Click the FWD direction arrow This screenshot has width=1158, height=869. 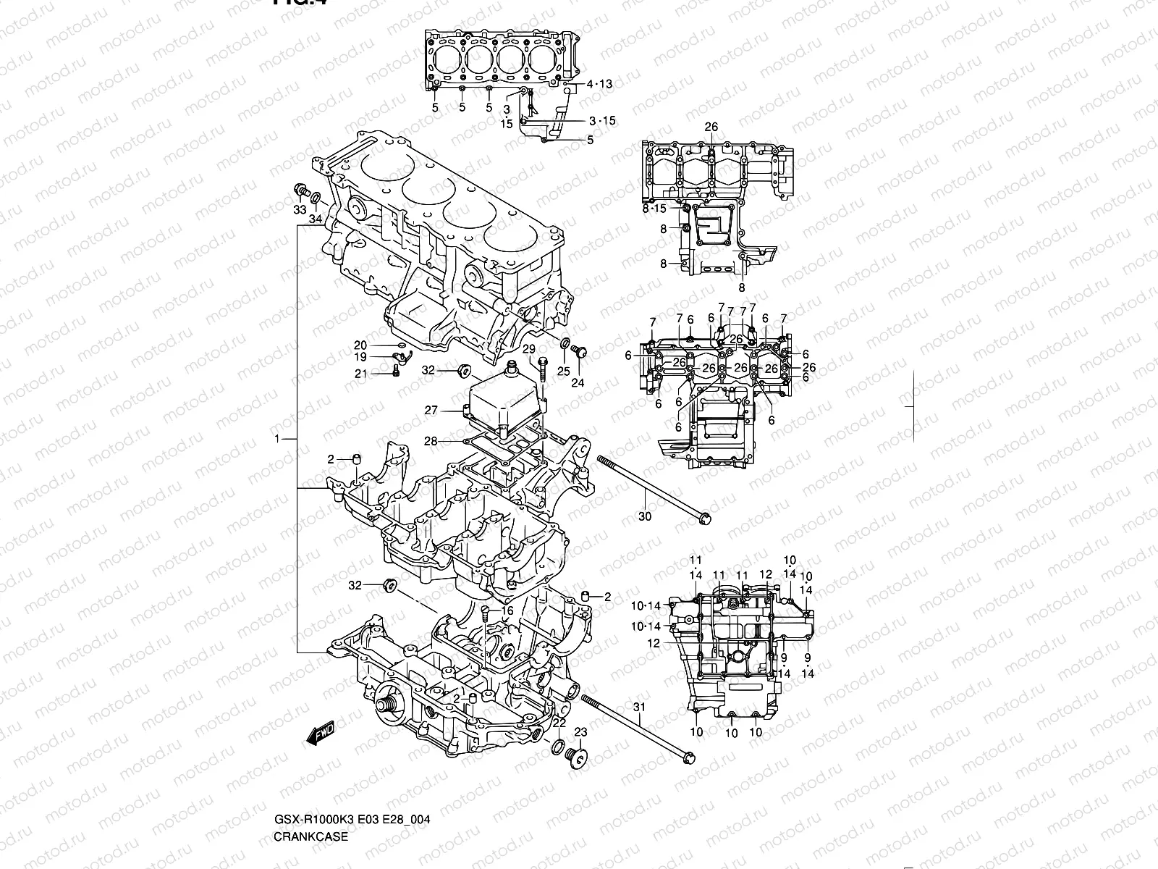tap(320, 732)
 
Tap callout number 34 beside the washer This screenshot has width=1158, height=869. tap(316, 219)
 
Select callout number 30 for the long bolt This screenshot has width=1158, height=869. tap(645, 516)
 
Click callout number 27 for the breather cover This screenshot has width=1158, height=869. tap(431, 411)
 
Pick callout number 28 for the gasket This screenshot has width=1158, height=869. tap(431, 441)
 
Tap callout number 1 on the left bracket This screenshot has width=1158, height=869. tap(277, 440)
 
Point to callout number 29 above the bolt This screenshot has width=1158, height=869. tap(529, 349)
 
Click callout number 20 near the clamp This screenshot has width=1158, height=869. tap(360, 345)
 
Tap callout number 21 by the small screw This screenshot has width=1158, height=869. tap(360, 373)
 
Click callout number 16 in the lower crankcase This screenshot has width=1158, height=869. tap(507, 611)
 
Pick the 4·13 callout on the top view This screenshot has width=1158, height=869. tap(599, 84)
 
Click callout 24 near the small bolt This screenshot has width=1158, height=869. tap(578, 383)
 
